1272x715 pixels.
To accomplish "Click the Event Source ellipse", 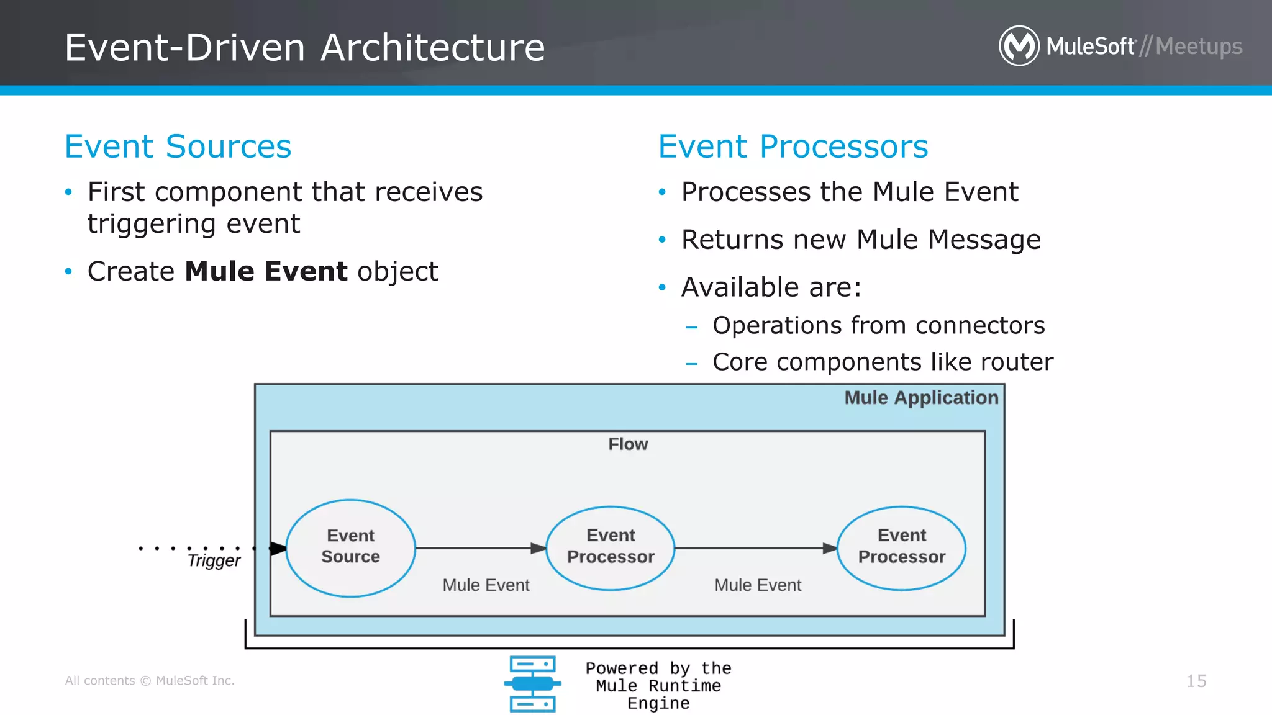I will point(350,547).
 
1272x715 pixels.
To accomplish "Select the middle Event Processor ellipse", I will point(611,547).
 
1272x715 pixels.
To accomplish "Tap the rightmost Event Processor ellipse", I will point(901,547).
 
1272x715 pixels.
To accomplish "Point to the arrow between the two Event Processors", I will point(755,548).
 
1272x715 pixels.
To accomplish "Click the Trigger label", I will point(214,560).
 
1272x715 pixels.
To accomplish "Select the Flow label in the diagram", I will point(628,444).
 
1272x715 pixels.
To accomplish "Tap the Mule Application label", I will point(921,398).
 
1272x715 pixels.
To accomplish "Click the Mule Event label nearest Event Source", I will point(486,585).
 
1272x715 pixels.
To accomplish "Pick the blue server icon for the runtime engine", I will point(532,683).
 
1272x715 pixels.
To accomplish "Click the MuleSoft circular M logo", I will point(1019,46).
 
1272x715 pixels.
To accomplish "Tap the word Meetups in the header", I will point(1199,47).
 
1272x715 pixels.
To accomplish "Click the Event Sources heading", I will point(178,147).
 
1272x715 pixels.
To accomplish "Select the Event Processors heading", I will point(793,147).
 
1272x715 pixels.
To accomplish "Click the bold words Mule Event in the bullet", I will point(266,272).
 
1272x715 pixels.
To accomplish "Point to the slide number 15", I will point(1196,681).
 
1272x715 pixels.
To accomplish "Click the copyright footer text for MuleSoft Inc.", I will point(150,681).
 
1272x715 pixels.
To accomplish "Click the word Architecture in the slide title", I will point(433,48).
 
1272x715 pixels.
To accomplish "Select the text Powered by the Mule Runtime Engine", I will point(658,686).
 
